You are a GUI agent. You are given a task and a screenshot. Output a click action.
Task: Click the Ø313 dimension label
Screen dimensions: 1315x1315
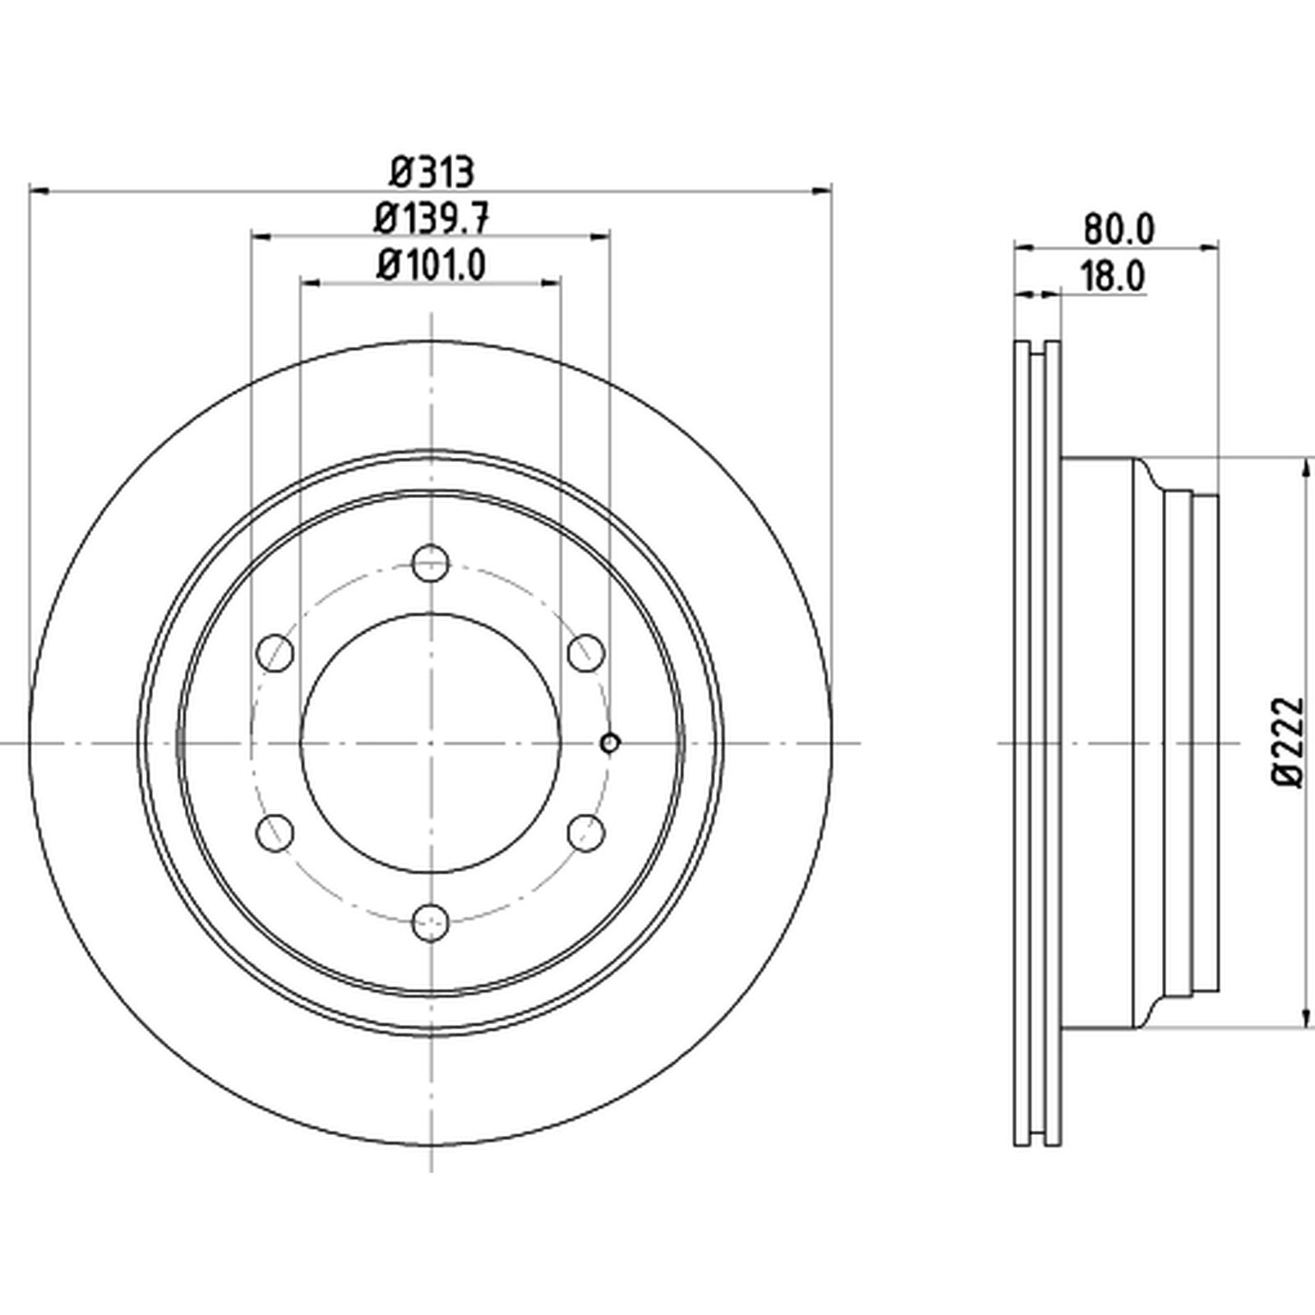tap(431, 173)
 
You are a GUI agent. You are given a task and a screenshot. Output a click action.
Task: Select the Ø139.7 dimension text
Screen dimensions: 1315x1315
tap(432, 219)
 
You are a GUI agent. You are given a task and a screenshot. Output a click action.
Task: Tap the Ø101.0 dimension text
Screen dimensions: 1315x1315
tap(431, 265)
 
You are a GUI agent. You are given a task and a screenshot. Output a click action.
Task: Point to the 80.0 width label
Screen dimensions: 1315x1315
tap(1119, 229)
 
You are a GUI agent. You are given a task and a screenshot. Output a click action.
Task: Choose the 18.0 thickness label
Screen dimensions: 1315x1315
tap(1111, 277)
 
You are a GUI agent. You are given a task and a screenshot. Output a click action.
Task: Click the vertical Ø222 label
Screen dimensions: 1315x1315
tap(1288, 742)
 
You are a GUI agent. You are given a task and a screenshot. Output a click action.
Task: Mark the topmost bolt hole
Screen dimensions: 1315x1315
tap(431, 563)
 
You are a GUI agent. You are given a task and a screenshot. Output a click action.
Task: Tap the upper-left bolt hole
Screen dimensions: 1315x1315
tap(275, 653)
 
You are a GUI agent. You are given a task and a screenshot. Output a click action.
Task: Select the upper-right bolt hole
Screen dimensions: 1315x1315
tap(587, 653)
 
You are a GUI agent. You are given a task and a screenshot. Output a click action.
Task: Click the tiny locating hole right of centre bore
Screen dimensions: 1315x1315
tap(609, 743)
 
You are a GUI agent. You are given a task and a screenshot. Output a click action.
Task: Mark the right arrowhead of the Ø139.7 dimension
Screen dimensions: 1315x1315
tap(601, 237)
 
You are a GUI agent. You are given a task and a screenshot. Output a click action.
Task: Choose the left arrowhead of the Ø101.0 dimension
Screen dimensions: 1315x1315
tap(310, 283)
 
